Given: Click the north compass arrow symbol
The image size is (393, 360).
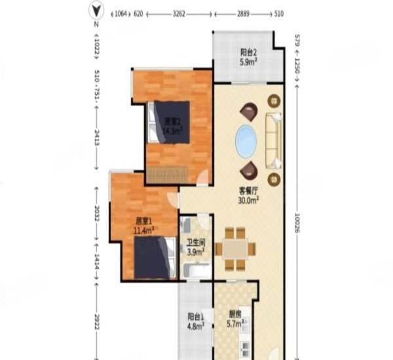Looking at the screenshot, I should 96,10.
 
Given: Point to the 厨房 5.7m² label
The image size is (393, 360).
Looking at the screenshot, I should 236,318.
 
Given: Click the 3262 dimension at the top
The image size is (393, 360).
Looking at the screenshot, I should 180,12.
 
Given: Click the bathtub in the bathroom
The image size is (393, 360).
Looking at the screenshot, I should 195,270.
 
